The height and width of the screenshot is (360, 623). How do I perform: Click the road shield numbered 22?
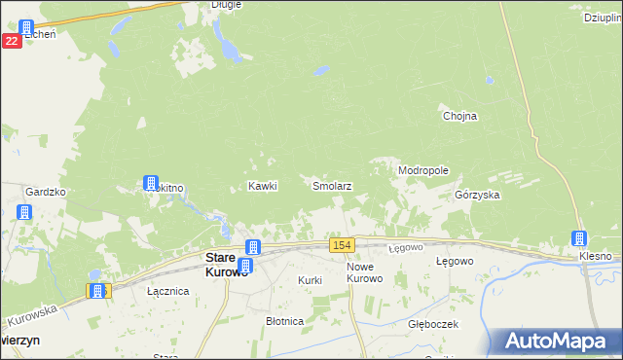[x=12, y=41]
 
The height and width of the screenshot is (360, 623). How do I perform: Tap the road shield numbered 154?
[x=341, y=244]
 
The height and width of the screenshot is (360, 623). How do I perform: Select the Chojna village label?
[x=459, y=116]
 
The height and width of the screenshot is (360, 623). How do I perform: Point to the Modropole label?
[x=423, y=170]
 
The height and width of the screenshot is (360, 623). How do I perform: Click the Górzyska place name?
[x=477, y=195]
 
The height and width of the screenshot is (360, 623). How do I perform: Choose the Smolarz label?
[x=331, y=185]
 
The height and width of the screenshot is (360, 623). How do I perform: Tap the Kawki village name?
[x=263, y=186]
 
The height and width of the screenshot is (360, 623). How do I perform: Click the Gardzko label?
[x=45, y=192]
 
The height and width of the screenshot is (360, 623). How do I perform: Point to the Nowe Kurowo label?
[x=365, y=272]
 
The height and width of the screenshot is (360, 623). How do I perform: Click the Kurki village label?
[x=310, y=279]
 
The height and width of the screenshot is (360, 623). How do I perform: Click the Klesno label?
[x=595, y=256]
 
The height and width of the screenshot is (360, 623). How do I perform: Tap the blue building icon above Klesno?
[x=579, y=238]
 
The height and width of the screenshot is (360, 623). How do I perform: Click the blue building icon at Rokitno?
[x=151, y=182]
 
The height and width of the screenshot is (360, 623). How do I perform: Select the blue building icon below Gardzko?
[x=25, y=213]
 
